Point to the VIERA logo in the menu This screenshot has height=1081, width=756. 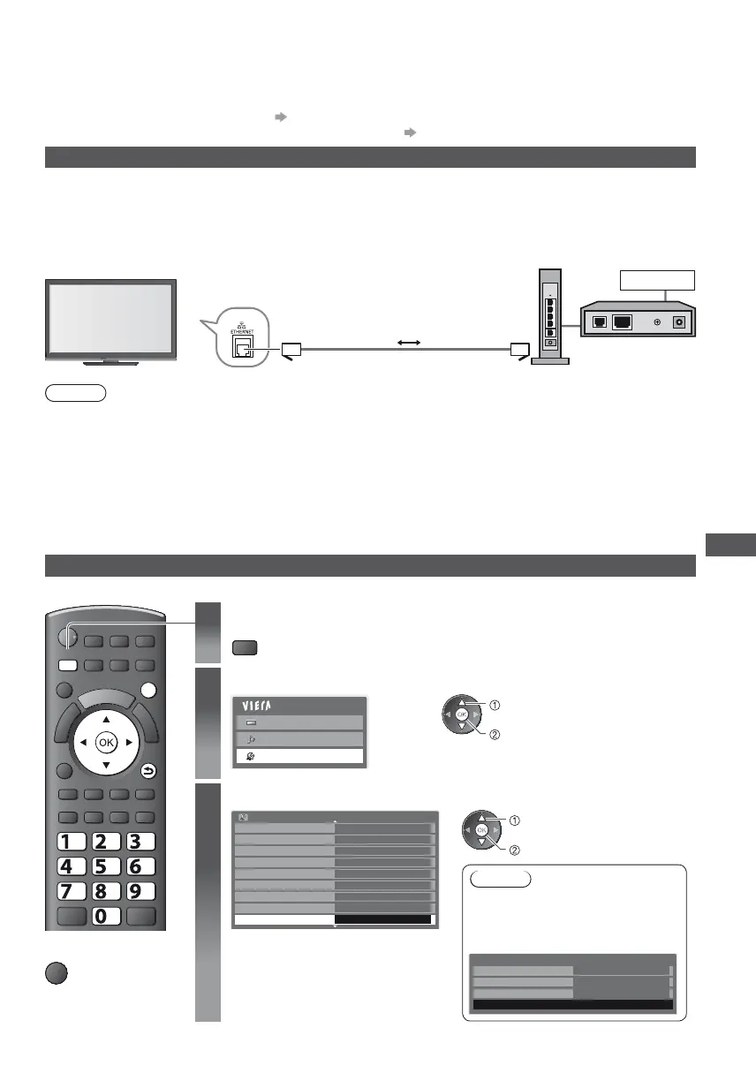point(257,707)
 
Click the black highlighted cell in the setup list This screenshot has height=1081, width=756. point(385,919)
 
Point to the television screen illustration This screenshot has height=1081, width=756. point(110,319)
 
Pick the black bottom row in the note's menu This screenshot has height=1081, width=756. point(572,1005)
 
